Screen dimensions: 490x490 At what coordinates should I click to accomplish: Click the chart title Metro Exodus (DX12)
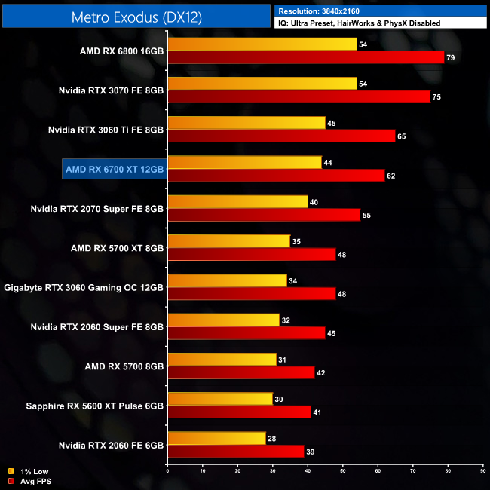tap(136, 16)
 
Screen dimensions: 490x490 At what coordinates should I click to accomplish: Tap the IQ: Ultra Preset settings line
tap(359, 23)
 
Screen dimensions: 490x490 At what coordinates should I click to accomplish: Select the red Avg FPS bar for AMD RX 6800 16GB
tap(305, 57)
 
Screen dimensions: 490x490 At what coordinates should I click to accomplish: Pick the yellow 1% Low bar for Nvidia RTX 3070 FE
tap(262, 84)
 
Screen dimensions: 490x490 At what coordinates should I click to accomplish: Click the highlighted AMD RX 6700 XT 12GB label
tap(115, 170)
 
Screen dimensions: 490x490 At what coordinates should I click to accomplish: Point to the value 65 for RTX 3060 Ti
tap(402, 136)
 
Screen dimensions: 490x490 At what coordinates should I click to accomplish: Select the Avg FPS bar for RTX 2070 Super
tap(264, 215)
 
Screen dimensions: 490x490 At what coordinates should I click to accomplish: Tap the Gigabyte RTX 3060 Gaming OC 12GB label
tap(84, 287)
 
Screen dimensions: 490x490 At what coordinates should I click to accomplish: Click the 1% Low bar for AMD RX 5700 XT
tap(228, 241)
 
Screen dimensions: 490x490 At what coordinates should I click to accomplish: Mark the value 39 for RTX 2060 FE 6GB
tap(311, 451)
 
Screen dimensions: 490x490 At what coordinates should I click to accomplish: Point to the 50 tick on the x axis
tap(342, 473)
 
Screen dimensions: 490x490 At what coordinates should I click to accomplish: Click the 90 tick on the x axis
tap(482, 473)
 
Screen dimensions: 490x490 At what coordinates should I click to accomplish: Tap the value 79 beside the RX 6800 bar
tap(451, 58)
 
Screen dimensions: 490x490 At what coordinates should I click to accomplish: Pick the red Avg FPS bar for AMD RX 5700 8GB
tap(240, 372)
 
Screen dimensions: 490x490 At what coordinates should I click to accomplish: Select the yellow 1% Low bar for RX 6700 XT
tap(244, 162)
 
